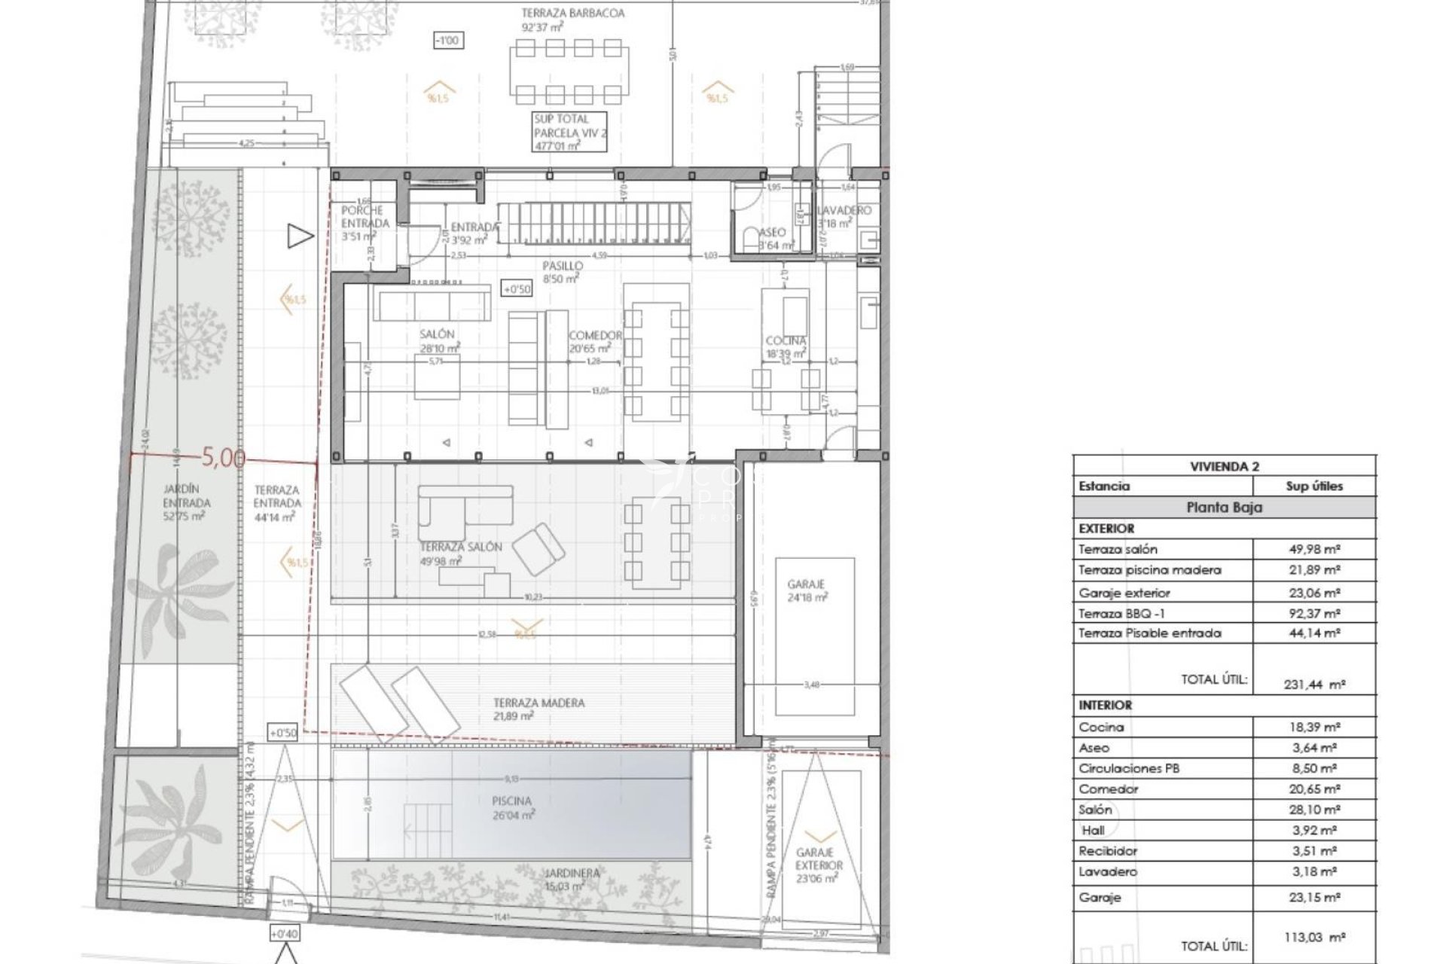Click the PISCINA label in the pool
click(x=512, y=801)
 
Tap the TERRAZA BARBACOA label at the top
click(x=573, y=14)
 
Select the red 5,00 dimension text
click(x=224, y=457)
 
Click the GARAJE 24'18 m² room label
click(x=806, y=584)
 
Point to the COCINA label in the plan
click(x=786, y=341)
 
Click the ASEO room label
click(x=773, y=233)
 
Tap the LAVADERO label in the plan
click(x=844, y=211)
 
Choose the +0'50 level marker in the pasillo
click(x=517, y=289)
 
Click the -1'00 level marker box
click(x=448, y=41)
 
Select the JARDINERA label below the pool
click(x=573, y=874)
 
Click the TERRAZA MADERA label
click(x=538, y=703)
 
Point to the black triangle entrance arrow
click(x=300, y=236)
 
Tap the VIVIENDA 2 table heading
click(x=1224, y=466)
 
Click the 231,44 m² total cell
click(x=1314, y=685)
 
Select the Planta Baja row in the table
click(x=1224, y=508)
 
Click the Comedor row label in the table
click(x=1109, y=789)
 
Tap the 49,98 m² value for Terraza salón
click(x=1314, y=549)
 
